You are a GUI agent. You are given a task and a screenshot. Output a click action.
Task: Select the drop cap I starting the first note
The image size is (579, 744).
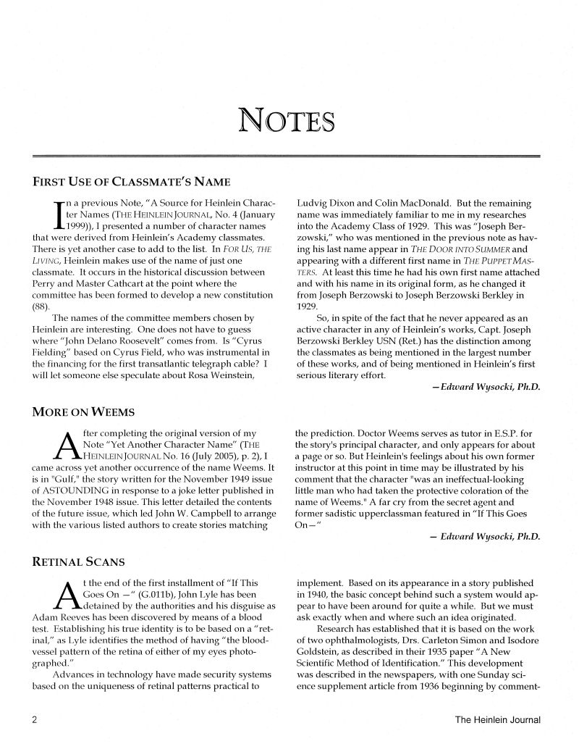tap(48, 217)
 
